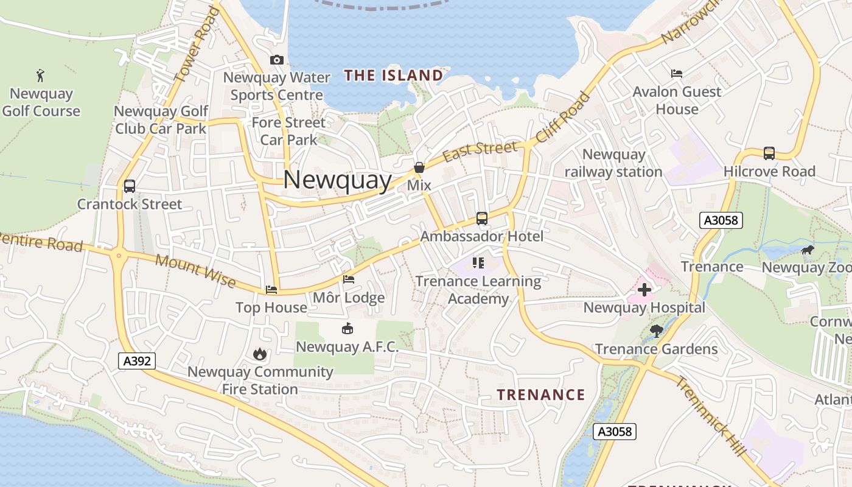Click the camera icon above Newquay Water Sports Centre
277,60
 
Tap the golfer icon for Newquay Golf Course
40,75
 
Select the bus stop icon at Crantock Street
129,186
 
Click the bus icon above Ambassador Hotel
482,218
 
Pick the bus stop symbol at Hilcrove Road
769,153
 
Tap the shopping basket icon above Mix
419,167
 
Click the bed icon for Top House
271,290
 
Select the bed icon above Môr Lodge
349,279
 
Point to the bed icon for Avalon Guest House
677,74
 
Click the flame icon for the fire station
260,354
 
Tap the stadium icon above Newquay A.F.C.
347,329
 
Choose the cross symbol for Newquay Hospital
644,290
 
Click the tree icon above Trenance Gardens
656,331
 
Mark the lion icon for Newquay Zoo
808,250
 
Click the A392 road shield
137,361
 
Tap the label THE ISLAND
394,75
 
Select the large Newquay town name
337,180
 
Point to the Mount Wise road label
195,270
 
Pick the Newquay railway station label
613,163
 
